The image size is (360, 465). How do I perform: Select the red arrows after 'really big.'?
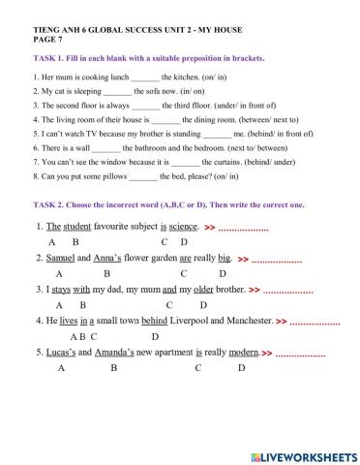[x=243, y=260]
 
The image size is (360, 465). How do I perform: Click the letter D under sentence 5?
[x=242, y=368]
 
